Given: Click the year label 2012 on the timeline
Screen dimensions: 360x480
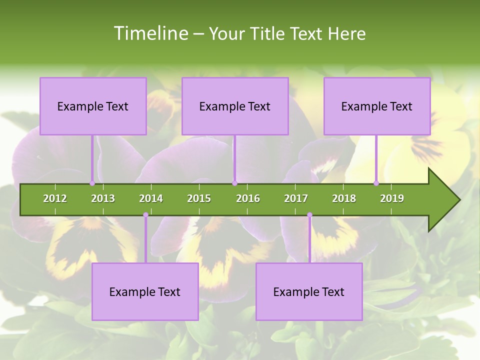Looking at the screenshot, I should point(55,198).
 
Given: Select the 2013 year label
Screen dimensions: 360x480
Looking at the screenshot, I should point(103,198).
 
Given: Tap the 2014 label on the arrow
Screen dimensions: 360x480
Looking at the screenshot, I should point(151,198).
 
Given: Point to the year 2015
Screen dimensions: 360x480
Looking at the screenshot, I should point(199,198).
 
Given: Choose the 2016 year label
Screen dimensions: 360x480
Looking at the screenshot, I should point(248,198).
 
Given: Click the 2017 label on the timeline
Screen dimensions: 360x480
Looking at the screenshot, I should point(296,198).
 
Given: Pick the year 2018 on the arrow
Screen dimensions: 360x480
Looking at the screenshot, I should point(344,198).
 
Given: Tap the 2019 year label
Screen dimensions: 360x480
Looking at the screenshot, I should point(392,198).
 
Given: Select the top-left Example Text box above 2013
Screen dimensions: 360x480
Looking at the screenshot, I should point(93,106).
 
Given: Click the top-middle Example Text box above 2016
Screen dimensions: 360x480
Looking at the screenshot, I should point(235,106).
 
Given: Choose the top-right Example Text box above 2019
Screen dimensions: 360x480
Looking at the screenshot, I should point(377,106).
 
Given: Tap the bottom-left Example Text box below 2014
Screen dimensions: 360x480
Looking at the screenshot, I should point(145,291).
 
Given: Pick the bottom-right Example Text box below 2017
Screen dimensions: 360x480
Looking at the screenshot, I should point(309,291).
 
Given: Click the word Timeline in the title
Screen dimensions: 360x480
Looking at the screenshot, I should point(149,33).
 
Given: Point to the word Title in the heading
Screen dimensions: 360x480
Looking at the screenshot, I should point(269,33).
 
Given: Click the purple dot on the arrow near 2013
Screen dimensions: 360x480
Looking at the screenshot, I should point(92,183).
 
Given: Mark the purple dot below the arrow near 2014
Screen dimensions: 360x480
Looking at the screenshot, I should point(145,215).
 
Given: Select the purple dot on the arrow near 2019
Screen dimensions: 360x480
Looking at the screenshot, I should point(376,183).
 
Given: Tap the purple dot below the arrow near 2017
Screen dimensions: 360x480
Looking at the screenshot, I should point(309,215).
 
